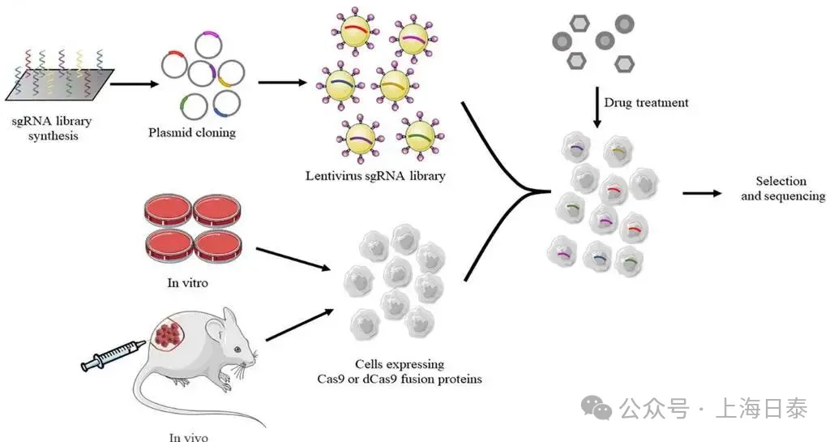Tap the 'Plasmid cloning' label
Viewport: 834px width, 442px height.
(192, 132)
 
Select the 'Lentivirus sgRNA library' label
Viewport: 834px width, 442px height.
(375, 175)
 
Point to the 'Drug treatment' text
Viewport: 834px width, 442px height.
(646, 103)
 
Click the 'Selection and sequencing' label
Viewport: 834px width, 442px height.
(782, 189)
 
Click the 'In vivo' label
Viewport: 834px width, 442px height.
(189, 436)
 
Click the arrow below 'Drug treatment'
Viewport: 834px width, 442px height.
(597, 108)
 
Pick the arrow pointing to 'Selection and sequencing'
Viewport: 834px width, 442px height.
(701, 193)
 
